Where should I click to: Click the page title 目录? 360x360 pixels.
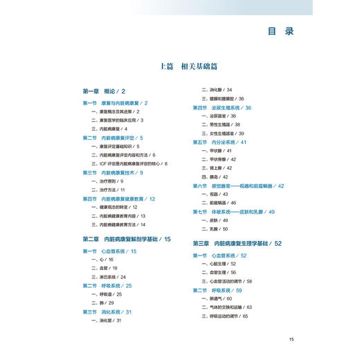(x=280, y=31)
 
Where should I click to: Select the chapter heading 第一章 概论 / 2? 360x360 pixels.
(x=104, y=91)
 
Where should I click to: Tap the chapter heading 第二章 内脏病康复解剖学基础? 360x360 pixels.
(x=126, y=239)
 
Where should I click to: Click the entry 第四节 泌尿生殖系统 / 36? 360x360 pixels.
(x=222, y=108)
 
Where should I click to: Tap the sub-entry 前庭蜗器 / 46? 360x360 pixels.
(x=221, y=202)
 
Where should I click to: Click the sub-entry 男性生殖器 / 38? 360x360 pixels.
(x=221, y=125)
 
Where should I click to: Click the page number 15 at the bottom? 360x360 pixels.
(x=292, y=339)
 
